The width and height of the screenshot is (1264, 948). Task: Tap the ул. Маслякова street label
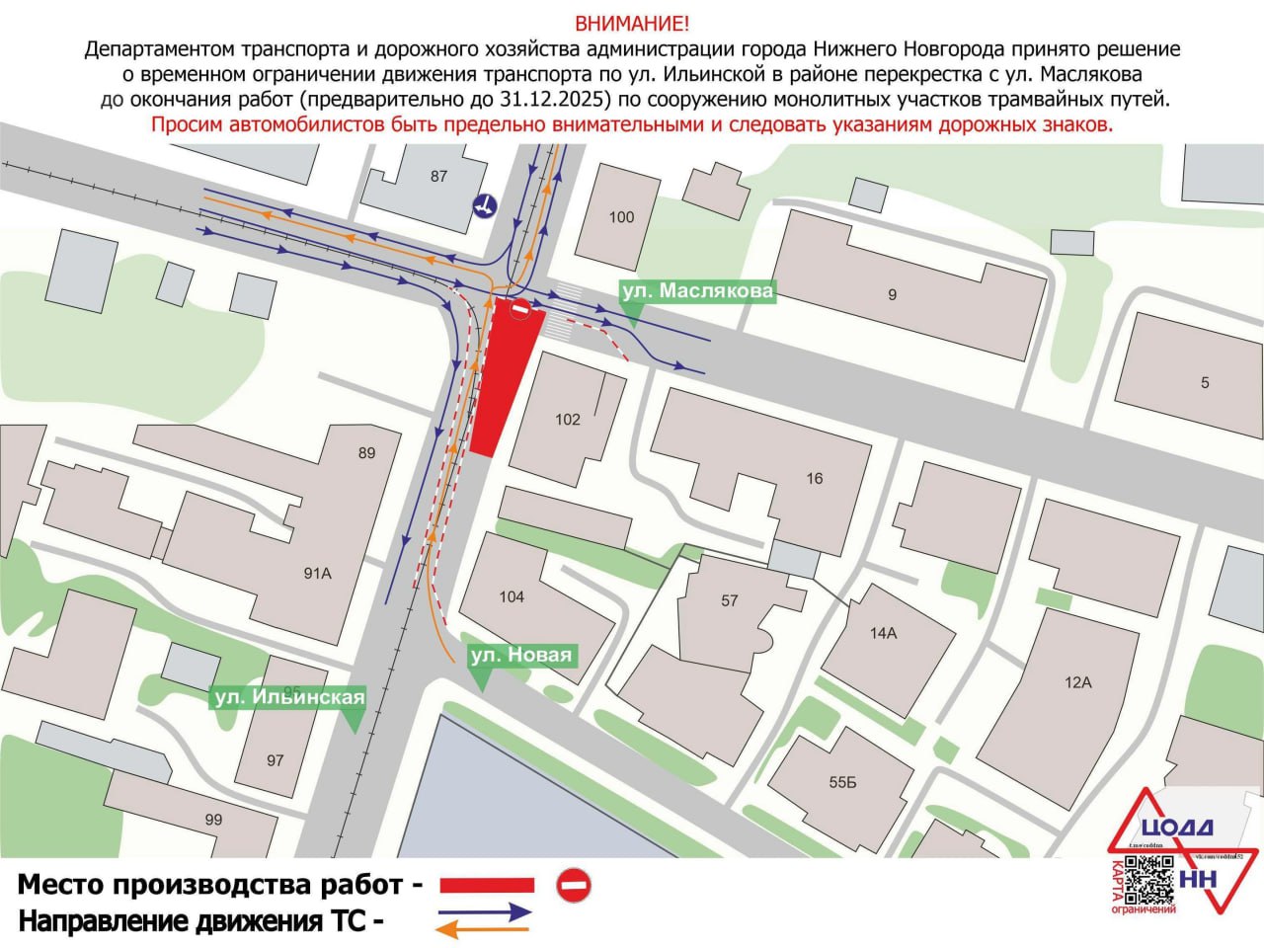696,291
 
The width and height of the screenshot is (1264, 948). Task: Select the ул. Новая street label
520,655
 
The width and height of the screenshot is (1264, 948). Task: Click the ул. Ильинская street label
289,697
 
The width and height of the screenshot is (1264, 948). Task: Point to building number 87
438,176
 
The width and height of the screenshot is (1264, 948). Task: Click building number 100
621,217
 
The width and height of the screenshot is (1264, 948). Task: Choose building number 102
568,419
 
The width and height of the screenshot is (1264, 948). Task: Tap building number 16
814,478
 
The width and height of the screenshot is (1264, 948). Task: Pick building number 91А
317,573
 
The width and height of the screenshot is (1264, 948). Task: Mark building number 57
729,599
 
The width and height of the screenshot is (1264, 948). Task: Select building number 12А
1077,682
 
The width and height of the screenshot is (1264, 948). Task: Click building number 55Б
842,783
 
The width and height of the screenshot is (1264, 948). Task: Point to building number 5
1204,382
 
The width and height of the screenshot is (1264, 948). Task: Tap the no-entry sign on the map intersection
519,310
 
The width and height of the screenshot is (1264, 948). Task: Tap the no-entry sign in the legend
573,884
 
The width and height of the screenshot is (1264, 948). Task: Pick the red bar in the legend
486,885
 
